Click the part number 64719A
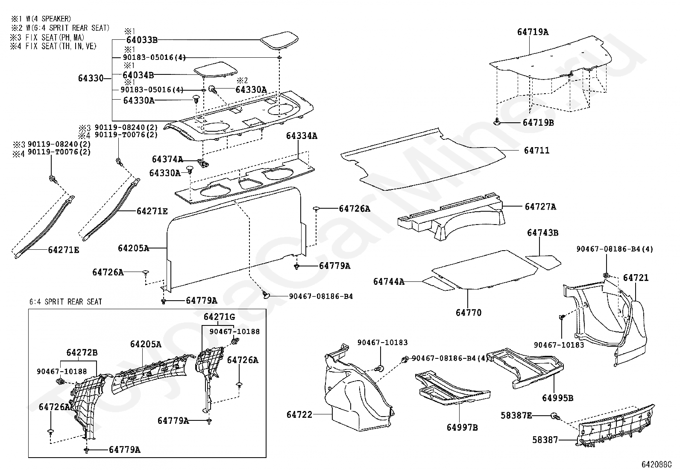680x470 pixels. [x=533, y=32]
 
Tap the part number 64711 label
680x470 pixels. [x=537, y=151]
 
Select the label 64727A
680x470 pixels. [x=540, y=207]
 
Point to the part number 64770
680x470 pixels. [x=469, y=313]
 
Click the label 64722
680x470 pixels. [x=299, y=415]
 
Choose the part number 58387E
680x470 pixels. [x=516, y=415]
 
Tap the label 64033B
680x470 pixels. [x=142, y=40]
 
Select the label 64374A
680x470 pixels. [x=167, y=159]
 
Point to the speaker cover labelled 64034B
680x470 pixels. [x=216, y=69]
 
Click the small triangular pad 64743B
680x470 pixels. [x=543, y=262]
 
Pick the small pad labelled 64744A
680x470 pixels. [x=438, y=284]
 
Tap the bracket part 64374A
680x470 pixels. [x=203, y=163]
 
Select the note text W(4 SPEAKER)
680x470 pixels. [x=49, y=19]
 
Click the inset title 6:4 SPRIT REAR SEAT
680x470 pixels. [x=66, y=302]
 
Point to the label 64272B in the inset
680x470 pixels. [x=82, y=353]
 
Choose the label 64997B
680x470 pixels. [x=462, y=428]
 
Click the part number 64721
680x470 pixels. [x=636, y=278]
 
